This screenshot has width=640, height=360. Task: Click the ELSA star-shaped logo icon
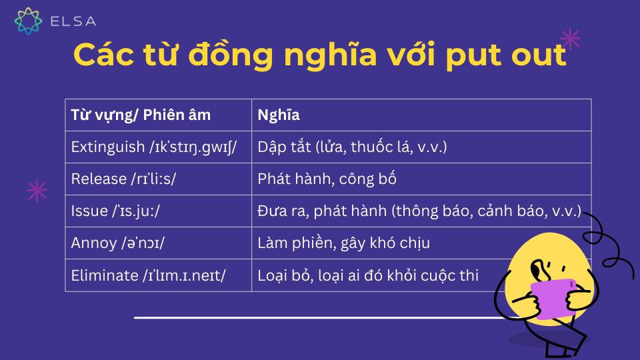28,21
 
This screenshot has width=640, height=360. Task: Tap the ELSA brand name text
73,21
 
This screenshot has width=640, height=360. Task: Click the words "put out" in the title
506,55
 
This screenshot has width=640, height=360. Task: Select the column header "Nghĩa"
279,115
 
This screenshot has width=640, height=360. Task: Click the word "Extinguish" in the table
108,147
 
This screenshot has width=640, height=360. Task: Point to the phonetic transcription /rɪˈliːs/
153,179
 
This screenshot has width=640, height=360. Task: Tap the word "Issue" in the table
89,211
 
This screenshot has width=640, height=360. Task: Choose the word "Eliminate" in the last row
105,275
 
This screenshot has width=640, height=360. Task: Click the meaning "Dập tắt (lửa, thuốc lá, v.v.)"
352,147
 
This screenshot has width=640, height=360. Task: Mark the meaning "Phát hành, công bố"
327,179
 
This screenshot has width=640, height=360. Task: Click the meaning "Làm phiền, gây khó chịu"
344,243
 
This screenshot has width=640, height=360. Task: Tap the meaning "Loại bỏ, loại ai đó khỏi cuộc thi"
368,275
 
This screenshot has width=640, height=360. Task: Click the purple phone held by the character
554,299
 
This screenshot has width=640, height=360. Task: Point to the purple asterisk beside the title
570,39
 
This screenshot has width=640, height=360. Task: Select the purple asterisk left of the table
37,191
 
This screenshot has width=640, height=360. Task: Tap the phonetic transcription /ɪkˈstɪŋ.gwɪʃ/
193,147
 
